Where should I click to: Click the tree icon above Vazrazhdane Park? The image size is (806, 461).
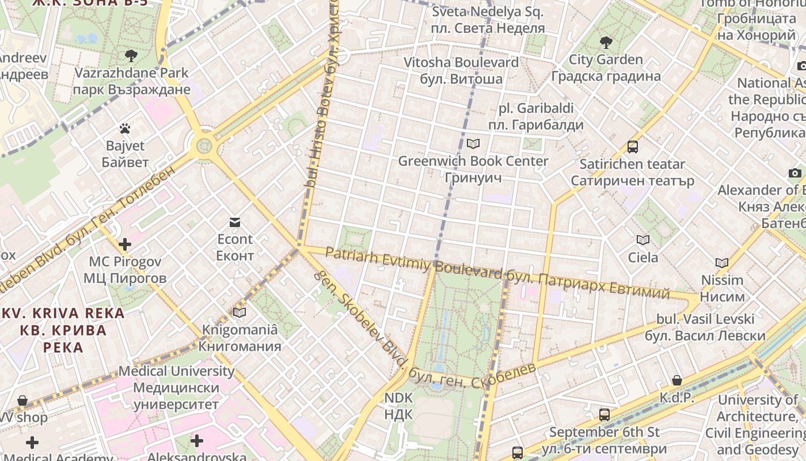(131, 56)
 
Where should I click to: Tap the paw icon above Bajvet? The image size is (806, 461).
(125, 129)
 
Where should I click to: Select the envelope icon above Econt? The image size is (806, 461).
(235, 222)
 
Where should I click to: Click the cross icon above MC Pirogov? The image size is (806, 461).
(125, 244)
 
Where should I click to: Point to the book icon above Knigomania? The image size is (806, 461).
(239, 312)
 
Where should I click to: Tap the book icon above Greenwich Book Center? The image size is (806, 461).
(473, 143)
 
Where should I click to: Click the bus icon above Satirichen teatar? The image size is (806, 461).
(632, 146)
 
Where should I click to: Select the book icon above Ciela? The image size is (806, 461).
(643, 240)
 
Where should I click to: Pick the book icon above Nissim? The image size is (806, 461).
(722, 263)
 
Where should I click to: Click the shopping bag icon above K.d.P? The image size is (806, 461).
(677, 380)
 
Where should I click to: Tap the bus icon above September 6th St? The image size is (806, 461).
(604, 414)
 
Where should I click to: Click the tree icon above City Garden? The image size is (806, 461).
(606, 42)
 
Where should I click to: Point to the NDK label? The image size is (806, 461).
(398, 406)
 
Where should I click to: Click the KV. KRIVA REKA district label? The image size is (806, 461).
(63, 330)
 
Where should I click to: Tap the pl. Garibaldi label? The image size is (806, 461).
(536, 116)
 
